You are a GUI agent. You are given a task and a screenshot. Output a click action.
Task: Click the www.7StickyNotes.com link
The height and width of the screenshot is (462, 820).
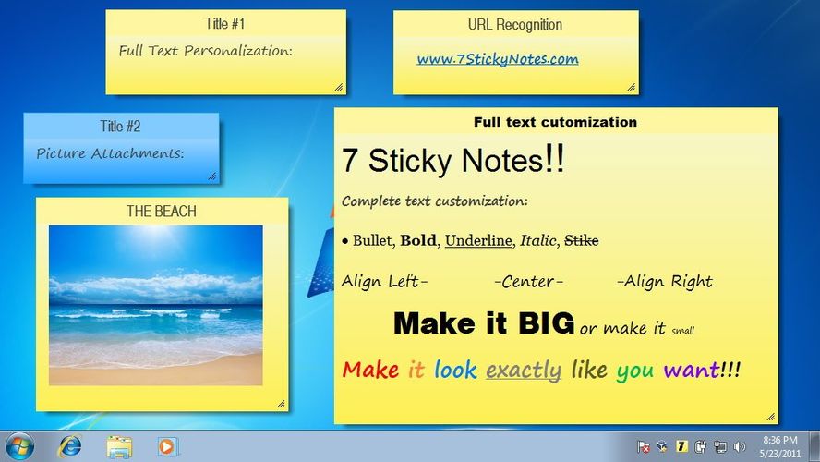[497, 59]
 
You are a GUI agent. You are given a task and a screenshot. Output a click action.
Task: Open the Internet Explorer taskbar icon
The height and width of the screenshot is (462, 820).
[69, 446]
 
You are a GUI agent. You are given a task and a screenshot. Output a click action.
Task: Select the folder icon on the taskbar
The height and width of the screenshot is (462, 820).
[119, 446]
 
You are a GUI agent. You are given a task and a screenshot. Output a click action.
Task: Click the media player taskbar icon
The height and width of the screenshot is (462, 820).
[166, 446]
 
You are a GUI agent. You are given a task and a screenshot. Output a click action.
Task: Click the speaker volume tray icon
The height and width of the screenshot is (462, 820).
[739, 447]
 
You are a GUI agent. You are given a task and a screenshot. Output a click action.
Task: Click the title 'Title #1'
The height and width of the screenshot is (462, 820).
[225, 23]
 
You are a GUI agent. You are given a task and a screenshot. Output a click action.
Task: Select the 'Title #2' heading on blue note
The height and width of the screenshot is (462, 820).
[121, 126]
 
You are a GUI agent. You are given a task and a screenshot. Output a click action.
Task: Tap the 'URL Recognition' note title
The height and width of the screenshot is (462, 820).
[515, 24]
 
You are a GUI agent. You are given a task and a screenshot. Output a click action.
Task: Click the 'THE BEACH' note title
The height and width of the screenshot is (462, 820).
[162, 211]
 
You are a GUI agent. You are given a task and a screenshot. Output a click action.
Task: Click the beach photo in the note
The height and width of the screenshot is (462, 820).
[155, 305]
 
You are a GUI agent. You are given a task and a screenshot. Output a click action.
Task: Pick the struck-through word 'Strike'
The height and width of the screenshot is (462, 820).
[581, 240]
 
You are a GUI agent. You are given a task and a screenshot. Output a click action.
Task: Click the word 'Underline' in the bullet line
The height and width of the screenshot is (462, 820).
[478, 240]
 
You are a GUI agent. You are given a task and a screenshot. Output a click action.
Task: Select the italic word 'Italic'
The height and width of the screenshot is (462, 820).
[537, 240]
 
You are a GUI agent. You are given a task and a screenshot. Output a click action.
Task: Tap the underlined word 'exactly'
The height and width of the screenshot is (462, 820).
[524, 371]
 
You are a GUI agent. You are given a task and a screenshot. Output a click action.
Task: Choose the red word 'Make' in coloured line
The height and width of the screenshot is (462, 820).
[370, 371]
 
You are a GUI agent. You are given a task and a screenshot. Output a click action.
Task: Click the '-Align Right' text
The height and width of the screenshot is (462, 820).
[665, 282]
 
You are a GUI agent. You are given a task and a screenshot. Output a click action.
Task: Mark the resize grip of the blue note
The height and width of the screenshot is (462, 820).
[211, 176]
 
